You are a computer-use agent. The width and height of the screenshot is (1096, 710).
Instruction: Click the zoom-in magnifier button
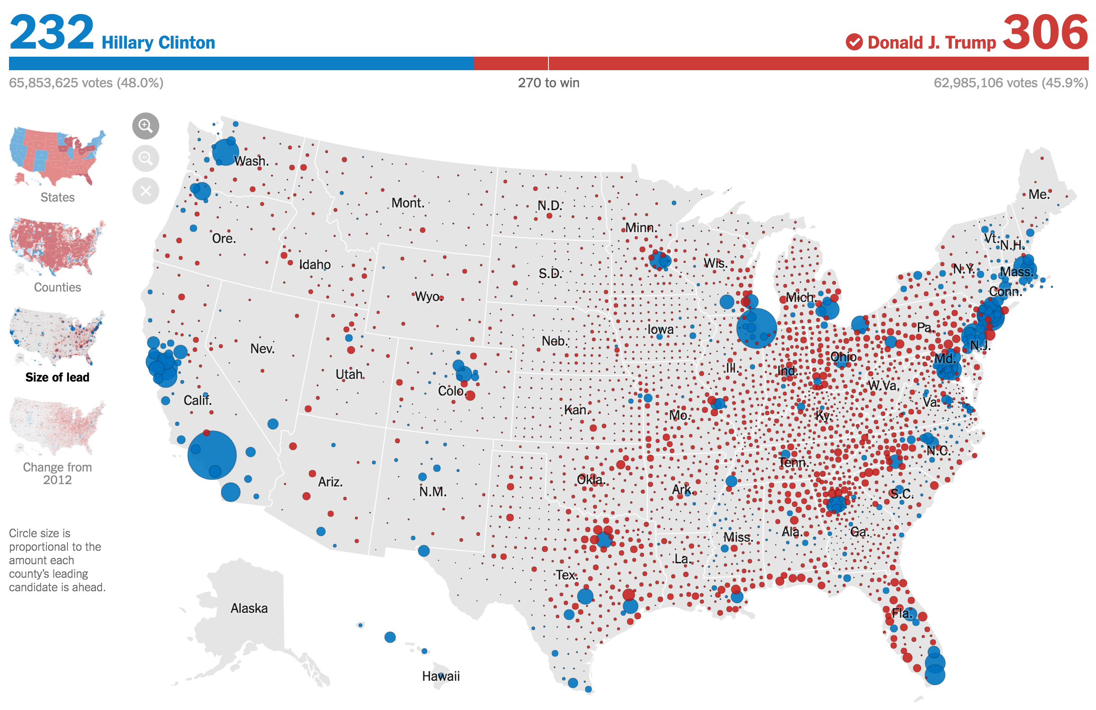point(145,126)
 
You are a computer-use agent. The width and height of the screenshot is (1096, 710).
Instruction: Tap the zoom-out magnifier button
point(145,158)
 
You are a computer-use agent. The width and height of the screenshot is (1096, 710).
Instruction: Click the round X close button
point(145,191)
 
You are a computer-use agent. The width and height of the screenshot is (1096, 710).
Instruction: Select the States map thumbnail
point(57,157)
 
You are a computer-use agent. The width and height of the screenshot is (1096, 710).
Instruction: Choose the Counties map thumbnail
point(57,247)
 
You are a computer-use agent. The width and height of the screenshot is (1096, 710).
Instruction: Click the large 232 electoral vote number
point(52,32)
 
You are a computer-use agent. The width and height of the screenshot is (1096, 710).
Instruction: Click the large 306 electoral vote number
point(1045,32)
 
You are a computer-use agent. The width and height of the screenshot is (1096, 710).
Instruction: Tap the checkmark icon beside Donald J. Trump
point(854,42)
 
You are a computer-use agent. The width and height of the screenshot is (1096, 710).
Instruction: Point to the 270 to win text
point(548,83)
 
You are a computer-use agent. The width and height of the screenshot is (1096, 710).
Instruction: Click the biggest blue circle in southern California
point(212,455)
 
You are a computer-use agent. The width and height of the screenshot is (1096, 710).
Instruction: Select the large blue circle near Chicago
point(756,328)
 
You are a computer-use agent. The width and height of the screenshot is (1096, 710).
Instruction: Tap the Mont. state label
point(408,203)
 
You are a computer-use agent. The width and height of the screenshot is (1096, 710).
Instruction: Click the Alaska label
point(249,608)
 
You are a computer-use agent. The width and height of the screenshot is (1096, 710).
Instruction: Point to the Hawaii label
point(441,676)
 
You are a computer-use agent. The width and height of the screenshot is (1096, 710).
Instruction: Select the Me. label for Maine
point(1039,194)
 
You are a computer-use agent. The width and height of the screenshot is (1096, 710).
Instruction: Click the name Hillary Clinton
point(158,43)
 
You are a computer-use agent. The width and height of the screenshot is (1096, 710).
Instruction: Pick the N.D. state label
point(549,205)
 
